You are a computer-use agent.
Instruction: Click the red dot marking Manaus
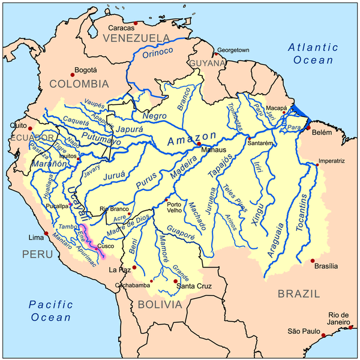tap(199, 144)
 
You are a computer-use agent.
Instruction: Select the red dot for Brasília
tap(313, 260)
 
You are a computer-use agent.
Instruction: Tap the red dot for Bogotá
tap(73, 74)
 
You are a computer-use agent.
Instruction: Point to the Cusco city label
tap(106, 246)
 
